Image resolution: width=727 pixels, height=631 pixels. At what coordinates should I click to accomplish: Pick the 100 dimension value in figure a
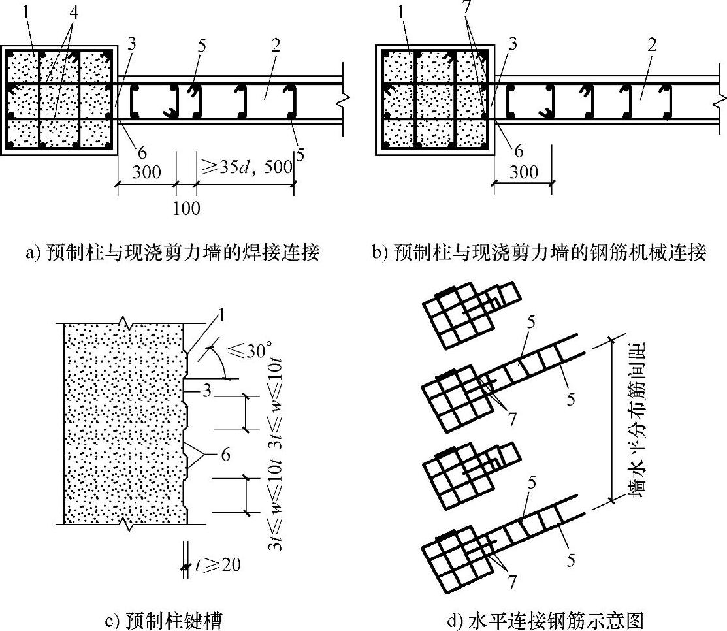click(x=187, y=209)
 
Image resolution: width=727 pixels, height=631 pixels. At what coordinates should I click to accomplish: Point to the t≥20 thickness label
click(x=218, y=563)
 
